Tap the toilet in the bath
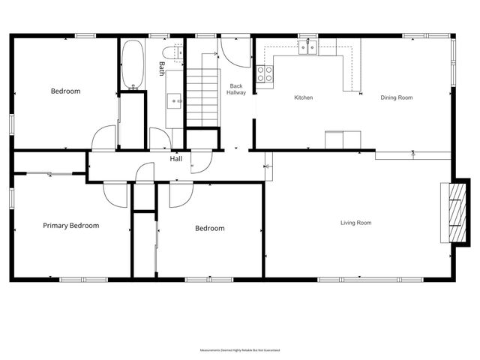(x=172, y=52)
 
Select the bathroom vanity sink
(x=175, y=99)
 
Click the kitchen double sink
(x=307, y=49)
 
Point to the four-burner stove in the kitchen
(x=265, y=73)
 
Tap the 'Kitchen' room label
(x=303, y=97)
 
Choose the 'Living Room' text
(x=355, y=223)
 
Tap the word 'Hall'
(x=176, y=159)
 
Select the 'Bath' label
(x=161, y=68)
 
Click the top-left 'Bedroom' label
(x=65, y=91)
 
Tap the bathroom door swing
(x=160, y=138)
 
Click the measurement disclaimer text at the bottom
(x=240, y=350)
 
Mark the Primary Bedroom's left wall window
(x=10, y=199)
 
